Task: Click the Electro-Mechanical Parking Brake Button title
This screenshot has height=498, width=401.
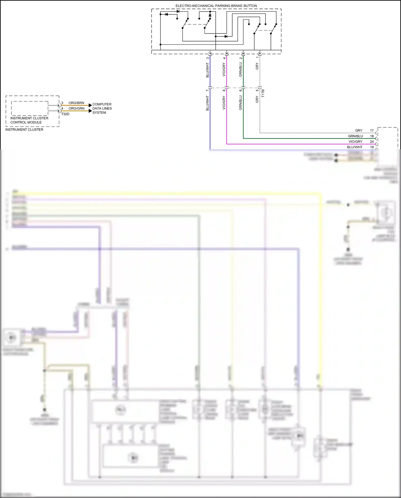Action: tap(216, 6)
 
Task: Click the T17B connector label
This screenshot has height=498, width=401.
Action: tap(263, 93)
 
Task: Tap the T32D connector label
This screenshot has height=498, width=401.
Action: tap(65, 114)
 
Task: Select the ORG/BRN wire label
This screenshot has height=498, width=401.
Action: tap(76, 103)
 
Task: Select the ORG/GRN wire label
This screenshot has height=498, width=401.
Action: tap(76, 108)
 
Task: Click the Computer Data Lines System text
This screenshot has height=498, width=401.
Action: tap(102, 108)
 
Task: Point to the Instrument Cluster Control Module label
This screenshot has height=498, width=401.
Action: tap(29, 120)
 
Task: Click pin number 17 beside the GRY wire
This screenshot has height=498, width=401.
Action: tap(372, 131)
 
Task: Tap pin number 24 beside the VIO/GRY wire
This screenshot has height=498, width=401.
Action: tap(372, 142)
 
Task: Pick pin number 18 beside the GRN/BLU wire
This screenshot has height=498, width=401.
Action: tap(372, 136)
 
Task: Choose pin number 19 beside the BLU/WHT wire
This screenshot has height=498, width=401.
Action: tap(372, 147)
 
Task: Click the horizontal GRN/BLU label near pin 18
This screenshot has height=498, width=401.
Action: tap(355, 136)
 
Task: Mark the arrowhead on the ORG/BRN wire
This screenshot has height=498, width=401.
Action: tap(90, 105)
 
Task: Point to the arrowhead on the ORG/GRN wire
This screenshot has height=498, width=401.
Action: tap(90, 111)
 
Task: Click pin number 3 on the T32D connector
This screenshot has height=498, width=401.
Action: tap(62, 103)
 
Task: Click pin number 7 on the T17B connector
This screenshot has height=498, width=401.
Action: tap(207, 90)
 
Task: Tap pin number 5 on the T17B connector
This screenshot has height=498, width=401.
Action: tap(257, 90)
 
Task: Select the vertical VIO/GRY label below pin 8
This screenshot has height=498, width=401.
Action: tap(224, 103)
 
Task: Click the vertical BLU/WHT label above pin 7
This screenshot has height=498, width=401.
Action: tap(207, 70)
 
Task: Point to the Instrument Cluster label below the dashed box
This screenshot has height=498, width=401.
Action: tap(24, 130)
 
